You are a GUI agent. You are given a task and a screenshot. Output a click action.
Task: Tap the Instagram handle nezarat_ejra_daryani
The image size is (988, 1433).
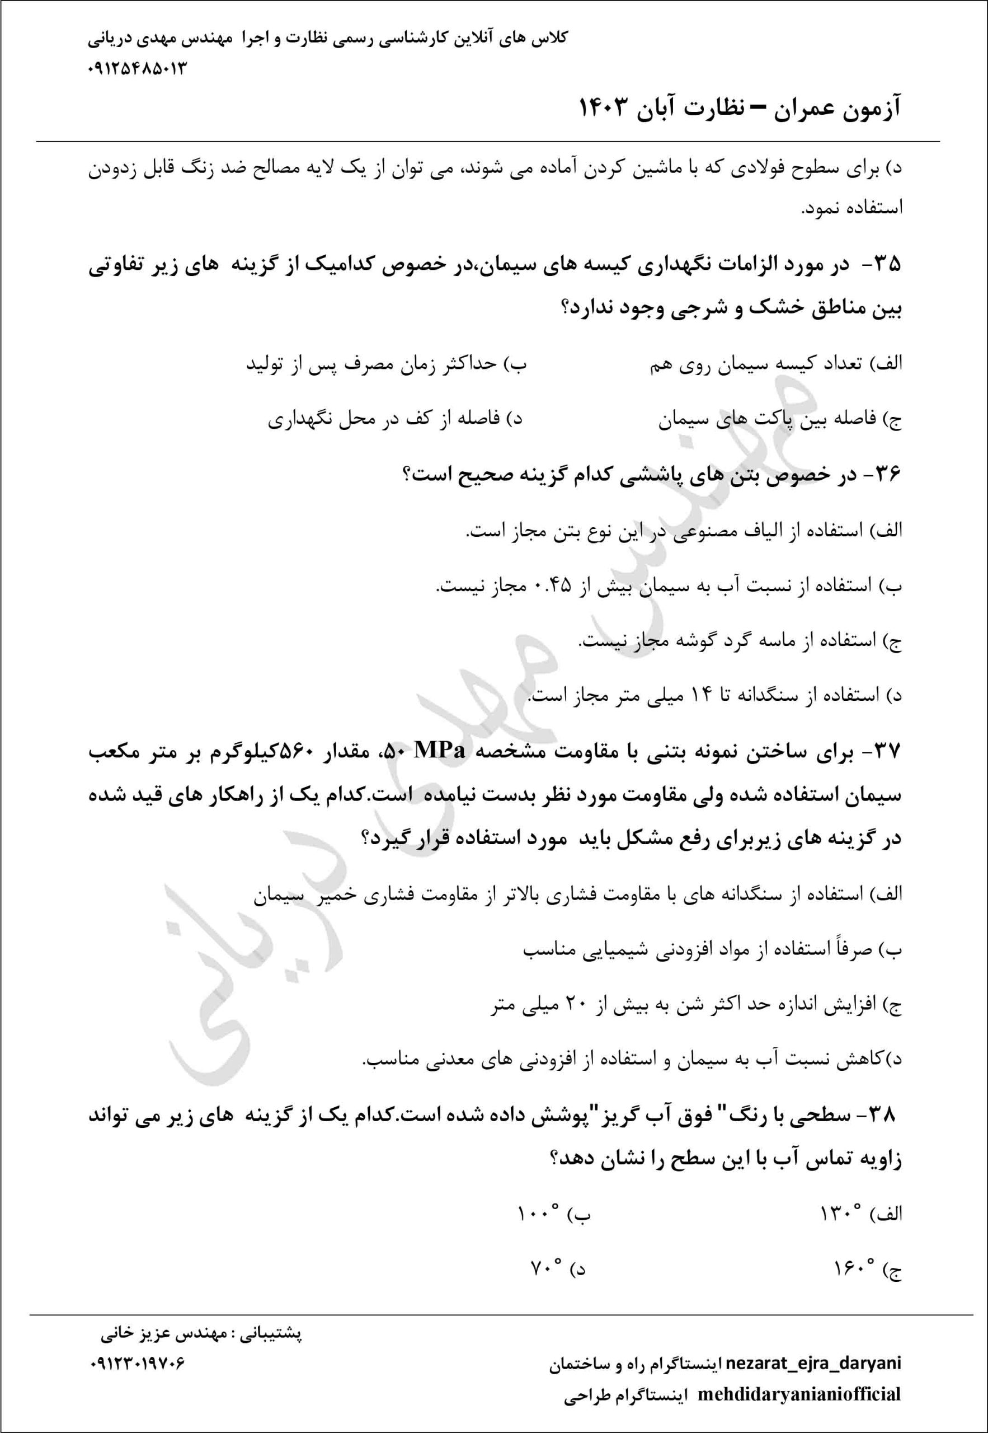(x=813, y=1363)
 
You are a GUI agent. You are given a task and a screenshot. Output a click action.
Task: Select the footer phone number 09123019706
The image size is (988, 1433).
(x=137, y=1364)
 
